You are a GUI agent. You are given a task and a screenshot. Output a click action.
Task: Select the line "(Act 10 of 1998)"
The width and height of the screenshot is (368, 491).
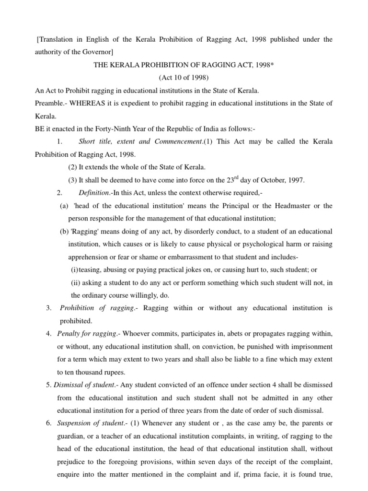(184, 77)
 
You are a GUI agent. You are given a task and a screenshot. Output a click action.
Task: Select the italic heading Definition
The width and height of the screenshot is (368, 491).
(94, 193)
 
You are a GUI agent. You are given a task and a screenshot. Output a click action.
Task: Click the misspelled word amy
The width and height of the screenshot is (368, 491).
(270, 423)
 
